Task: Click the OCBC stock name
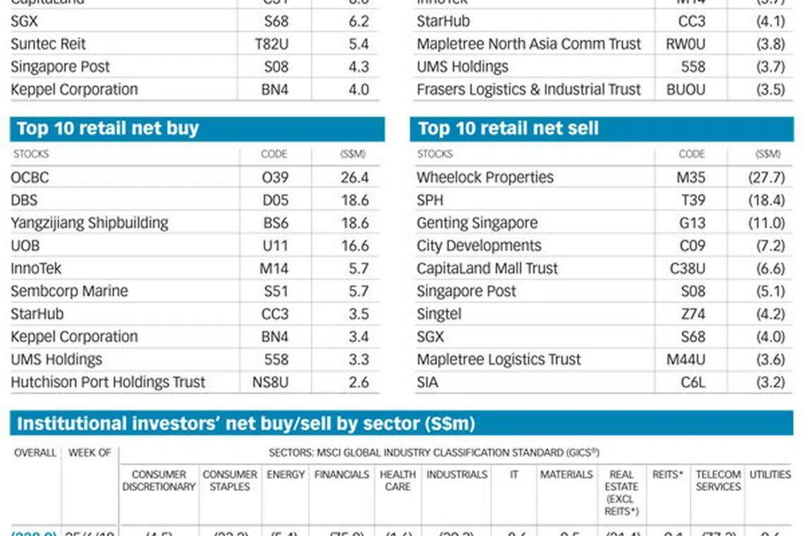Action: point(30,178)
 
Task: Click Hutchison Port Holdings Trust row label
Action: point(108,382)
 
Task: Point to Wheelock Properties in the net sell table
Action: point(485,178)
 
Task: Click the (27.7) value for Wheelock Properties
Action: point(767,178)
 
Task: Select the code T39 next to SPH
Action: point(693,200)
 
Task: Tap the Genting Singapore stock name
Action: point(477,223)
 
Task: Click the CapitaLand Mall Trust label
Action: point(487,269)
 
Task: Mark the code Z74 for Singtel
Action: point(693,314)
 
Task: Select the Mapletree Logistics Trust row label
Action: point(499,360)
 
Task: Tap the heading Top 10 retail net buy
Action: point(107,128)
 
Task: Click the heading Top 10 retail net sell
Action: point(508,128)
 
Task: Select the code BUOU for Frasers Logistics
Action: point(686,90)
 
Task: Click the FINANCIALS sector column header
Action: point(342,475)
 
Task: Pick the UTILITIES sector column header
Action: point(769,475)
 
